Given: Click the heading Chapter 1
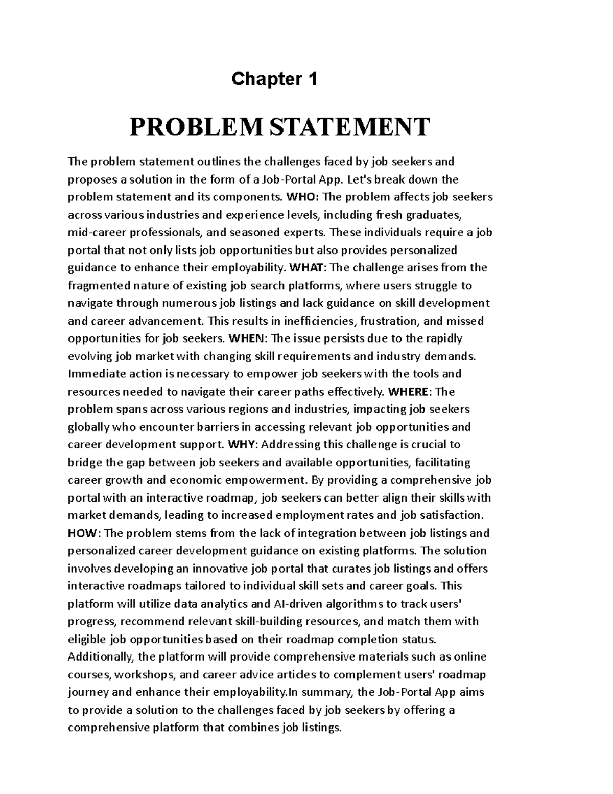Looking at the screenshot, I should pos(274,79).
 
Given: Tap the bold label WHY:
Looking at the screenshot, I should pos(243,445).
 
